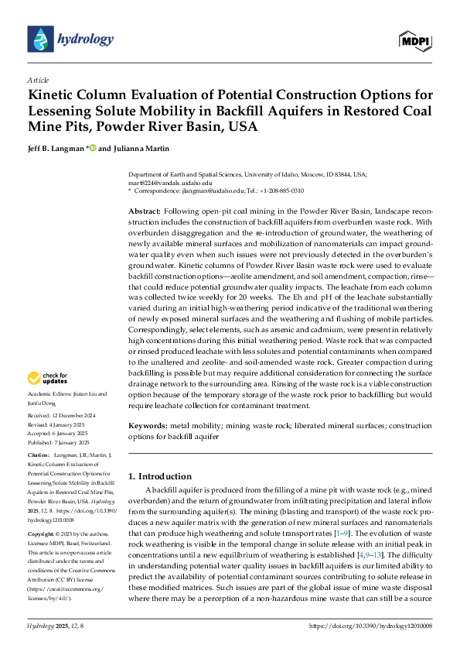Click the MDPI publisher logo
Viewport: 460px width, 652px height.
click(x=415, y=39)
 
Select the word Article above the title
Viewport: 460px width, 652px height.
click(x=38, y=80)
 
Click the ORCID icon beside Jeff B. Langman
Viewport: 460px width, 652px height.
click(x=93, y=148)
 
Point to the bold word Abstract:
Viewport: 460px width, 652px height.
click(x=144, y=211)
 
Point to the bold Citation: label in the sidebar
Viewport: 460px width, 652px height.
click(x=39, y=455)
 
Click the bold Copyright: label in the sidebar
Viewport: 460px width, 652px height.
click(x=42, y=535)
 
